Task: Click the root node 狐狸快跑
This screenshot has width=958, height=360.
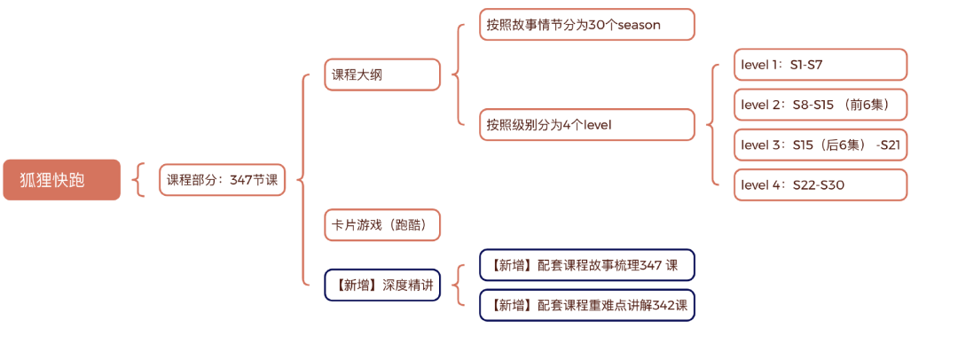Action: (61, 180)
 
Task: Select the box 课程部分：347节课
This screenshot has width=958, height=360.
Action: (222, 180)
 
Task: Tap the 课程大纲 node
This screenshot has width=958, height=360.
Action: (382, 75)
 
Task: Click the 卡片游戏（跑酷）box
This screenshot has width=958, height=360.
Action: (382, 224)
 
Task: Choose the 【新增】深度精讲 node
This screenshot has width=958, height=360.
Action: (382, 285)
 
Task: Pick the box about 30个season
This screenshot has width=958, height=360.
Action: (586, 25)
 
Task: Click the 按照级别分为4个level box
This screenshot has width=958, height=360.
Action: (586, 125)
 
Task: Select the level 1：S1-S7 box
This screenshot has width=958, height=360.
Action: (820, 65)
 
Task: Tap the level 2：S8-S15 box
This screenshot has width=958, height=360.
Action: (820, 105)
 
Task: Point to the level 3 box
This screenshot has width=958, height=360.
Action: (820, 145)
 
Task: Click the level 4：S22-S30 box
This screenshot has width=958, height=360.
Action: (820, 184)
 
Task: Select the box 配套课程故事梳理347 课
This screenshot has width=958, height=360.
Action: (586, 265)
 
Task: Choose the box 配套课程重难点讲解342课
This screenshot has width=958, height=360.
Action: (586, 305)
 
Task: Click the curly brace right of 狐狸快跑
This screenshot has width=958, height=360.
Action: (137, 180)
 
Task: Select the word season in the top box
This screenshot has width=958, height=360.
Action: (638, 25)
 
